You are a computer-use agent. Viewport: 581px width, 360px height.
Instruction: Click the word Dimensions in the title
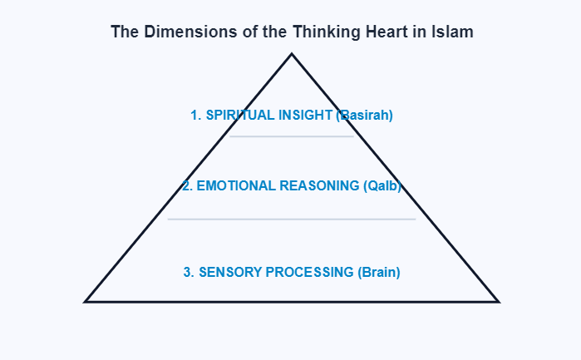coord(178,32)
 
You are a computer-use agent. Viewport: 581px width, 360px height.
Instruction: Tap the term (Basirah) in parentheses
coord(364,116)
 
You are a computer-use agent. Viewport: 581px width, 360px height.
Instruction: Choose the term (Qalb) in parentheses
coord(383,185)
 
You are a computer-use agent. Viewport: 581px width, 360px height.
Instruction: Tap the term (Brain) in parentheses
coord(378,272)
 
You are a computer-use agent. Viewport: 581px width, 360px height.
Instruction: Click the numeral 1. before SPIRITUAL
coord(196,116)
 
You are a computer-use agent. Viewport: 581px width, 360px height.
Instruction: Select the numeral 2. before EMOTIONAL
coord(188,185)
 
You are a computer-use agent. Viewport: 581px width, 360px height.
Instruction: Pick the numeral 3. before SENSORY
coord(189,272)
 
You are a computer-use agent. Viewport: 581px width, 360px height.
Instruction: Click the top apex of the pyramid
coord(292,55)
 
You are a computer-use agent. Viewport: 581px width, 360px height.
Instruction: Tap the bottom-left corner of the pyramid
coord(86,301)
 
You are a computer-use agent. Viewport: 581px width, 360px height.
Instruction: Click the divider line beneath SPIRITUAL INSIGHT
coord(292,136)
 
